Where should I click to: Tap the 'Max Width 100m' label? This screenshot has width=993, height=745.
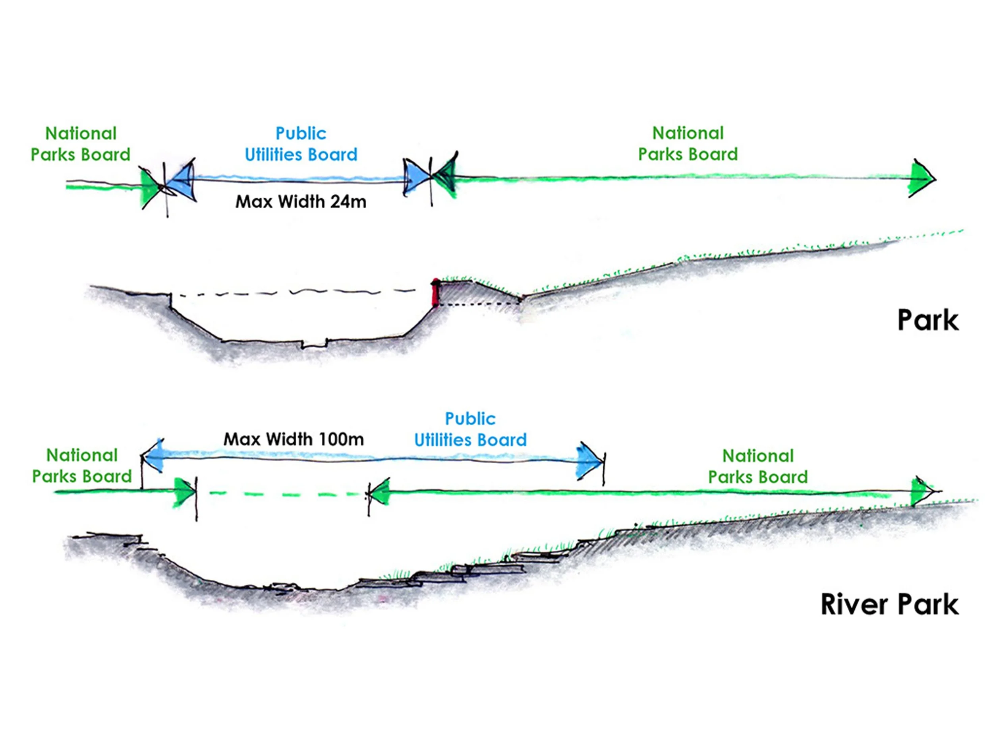[294, 439]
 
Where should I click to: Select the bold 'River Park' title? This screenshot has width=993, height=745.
[889, 604]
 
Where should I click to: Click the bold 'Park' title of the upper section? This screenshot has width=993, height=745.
[927, 321]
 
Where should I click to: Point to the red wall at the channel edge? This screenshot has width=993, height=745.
[435, 293]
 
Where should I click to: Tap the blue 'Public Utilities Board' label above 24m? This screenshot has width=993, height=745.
[301, 144]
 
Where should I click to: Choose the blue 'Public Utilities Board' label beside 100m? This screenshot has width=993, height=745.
[470, 429]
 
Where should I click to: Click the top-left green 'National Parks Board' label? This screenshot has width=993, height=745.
[80, 144]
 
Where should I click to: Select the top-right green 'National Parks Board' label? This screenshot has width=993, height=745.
[688, 144]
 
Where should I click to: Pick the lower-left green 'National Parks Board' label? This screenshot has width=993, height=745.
[82, 466]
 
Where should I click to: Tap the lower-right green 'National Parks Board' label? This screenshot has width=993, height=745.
[758, 466]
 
